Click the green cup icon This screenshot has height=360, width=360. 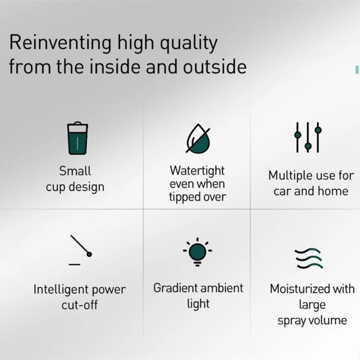tap(77, 138)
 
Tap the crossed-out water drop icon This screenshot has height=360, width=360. tap(198, 138)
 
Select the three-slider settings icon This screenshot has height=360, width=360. tap(308, 137)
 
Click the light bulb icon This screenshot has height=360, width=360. tap(198, 252)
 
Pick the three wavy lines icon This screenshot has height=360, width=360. tap(309, 258)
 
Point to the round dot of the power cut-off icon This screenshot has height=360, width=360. tap(89, 254)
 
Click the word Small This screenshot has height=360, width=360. tap(75, 171)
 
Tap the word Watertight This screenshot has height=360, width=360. tap(197, 171)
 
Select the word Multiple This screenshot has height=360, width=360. tap(290, 176)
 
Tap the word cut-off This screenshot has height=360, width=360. tap(80, 305)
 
